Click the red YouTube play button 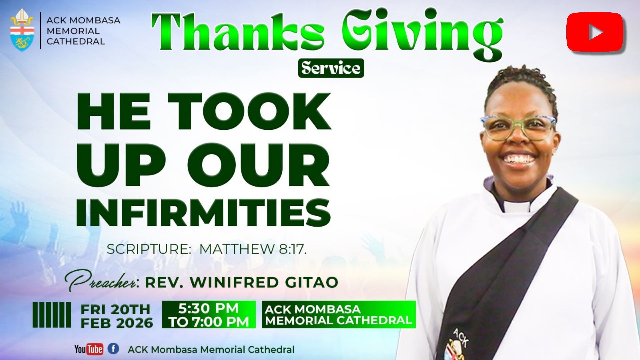pyautogui.click(x=595, y=32)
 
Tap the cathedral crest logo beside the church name pyautogui.click(x=22, y=30)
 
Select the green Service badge pyautogui.click(x=331, y=68)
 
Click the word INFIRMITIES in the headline pyautogui.click(x=203, y=213)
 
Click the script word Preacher pyautogui.click(x=102, y=281)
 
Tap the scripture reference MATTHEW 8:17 pyautogui.click(x=252, y=249)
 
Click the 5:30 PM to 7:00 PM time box pyautogui.click(x=209, y=315)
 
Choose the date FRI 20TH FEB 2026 pyautogui.click(x=116, y=316)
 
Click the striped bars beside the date pyautogui.click(x=52, y=315)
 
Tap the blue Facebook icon pyautogui.click(x=113, y=349)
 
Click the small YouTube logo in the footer pyautogui.click(x=89, y=349)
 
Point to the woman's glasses pyautogui.click(x=518, y=128)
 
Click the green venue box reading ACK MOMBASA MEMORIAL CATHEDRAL pyautogui.click(x=339, y=315)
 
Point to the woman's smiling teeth pyautogui.click(x=519, y=159)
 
